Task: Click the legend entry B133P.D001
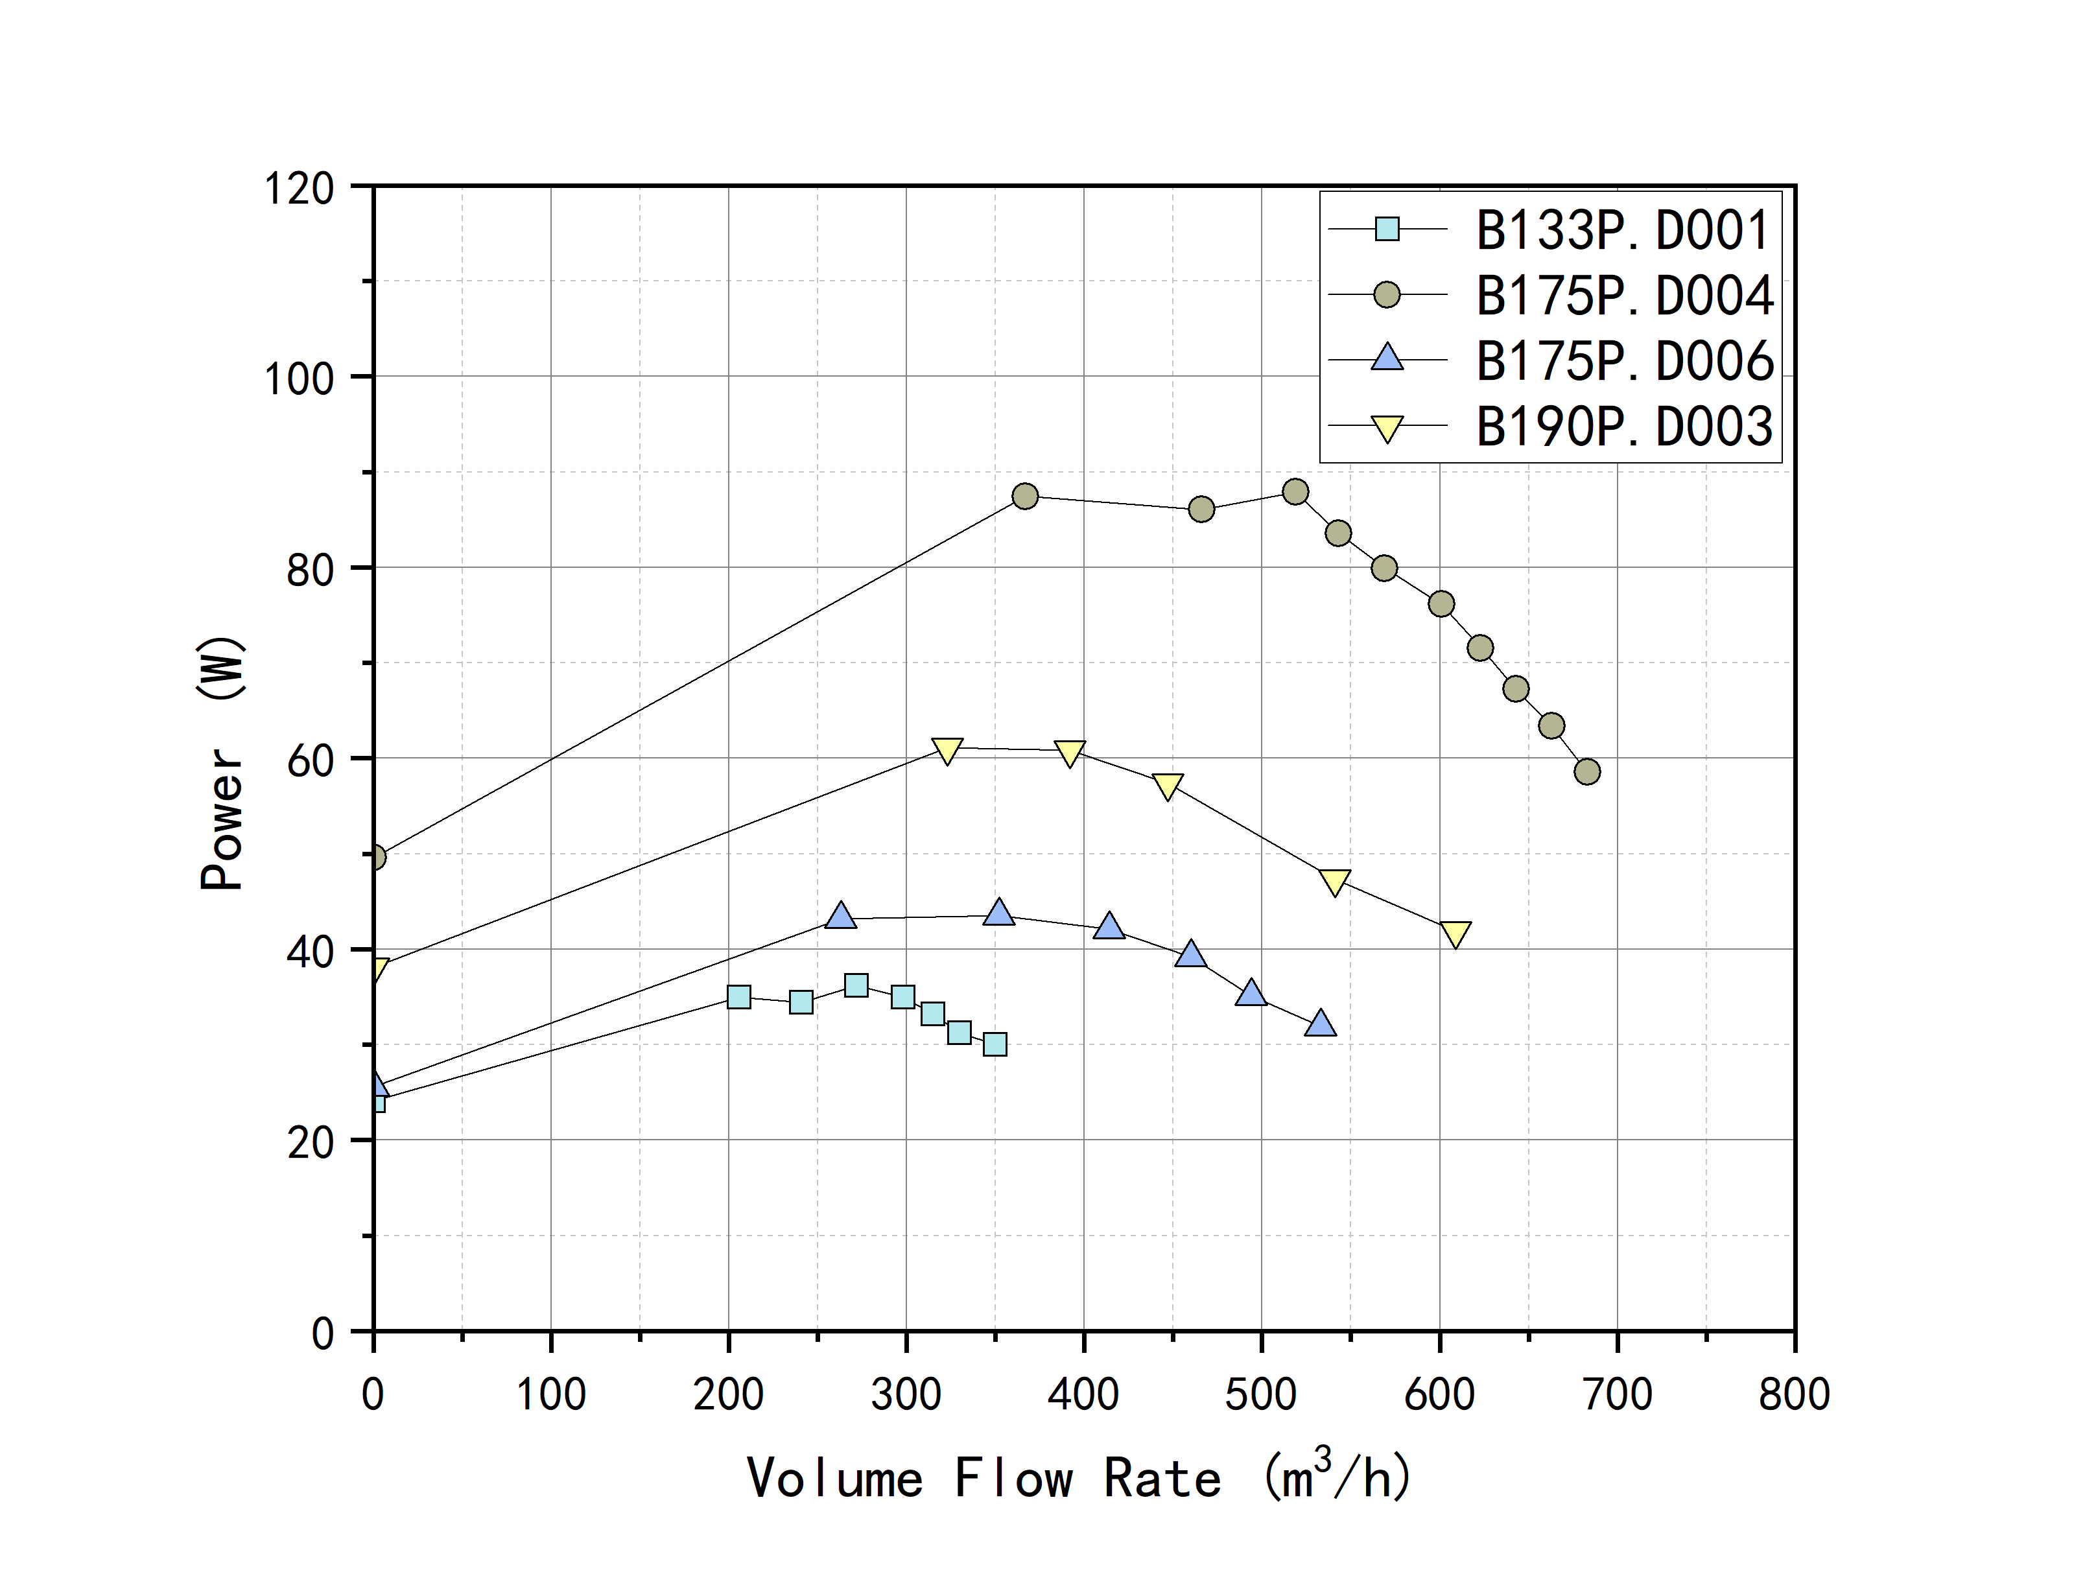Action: pos(1622,230)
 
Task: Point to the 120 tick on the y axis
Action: pos(300,188)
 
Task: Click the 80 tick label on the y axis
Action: pos(310,570)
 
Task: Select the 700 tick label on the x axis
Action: pos(1617,1394)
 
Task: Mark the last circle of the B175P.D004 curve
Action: pos(1586,771)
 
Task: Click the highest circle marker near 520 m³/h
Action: pos(1295,492)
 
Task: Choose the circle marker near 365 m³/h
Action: pos(1024,496)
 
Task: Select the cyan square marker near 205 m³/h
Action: pos(738,996)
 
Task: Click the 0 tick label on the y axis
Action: pos(323,1334)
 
